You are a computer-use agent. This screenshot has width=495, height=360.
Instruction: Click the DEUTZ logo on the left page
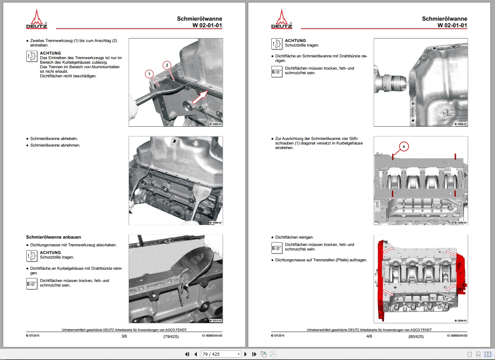pos(37,19)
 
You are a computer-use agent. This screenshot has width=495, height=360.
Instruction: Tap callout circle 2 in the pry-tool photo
pos(167,65)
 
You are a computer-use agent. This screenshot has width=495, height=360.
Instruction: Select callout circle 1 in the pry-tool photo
pos(149,74)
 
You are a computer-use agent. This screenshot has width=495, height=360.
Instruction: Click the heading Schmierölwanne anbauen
pos(53,237)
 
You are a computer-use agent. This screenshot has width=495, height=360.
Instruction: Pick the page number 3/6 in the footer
pos(124,336)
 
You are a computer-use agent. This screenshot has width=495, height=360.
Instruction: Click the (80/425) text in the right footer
pos(416,337)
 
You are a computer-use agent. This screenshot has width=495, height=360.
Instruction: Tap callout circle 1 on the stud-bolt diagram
pos(404,147)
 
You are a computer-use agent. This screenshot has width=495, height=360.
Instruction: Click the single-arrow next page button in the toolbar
pos(246,354)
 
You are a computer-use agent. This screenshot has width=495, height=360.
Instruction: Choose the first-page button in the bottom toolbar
pos(187,354)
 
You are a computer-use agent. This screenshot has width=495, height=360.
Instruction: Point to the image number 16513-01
pos(216,320)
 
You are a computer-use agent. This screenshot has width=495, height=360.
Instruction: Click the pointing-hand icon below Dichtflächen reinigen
pos(277,248)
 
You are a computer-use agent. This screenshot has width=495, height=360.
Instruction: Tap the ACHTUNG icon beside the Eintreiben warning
pos(32,56)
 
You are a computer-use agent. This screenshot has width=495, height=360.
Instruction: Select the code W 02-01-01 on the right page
pos(452,25)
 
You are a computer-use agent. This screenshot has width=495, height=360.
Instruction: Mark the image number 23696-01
pos(461,320)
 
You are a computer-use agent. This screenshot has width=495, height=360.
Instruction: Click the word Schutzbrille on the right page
pos(296,45)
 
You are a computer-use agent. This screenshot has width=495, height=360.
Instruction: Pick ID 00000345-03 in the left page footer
pos(212,336)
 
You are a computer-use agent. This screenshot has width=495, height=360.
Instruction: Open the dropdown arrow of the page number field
pos(238,354)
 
